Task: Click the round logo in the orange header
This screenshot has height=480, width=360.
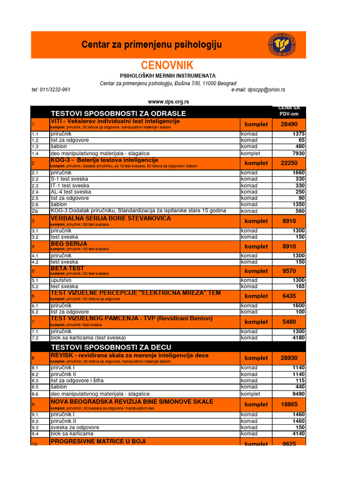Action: click(x=282, y=45)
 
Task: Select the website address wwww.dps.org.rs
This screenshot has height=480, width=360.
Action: click(x=168, y=102)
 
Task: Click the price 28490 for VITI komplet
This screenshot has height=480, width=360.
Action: click(x=289, y=124)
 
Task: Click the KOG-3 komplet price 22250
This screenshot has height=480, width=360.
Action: click(x=289, y=163)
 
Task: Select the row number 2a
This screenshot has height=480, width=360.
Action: click(x=35, y=211)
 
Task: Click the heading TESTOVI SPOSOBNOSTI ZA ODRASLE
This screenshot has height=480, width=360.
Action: click(x=118, y=113)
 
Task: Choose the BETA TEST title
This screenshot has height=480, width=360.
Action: click(x=67, y=269)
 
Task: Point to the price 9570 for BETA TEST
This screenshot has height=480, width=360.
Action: click(x=289, y=271)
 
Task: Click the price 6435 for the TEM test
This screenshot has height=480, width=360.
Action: click(x=289, y=296)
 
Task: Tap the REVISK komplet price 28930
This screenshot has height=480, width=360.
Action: click(x=289, y=358)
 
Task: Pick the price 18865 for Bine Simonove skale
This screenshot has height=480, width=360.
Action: click(x=289, y=405)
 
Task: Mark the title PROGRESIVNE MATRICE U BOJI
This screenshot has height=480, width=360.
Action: click(x=98, y=442)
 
